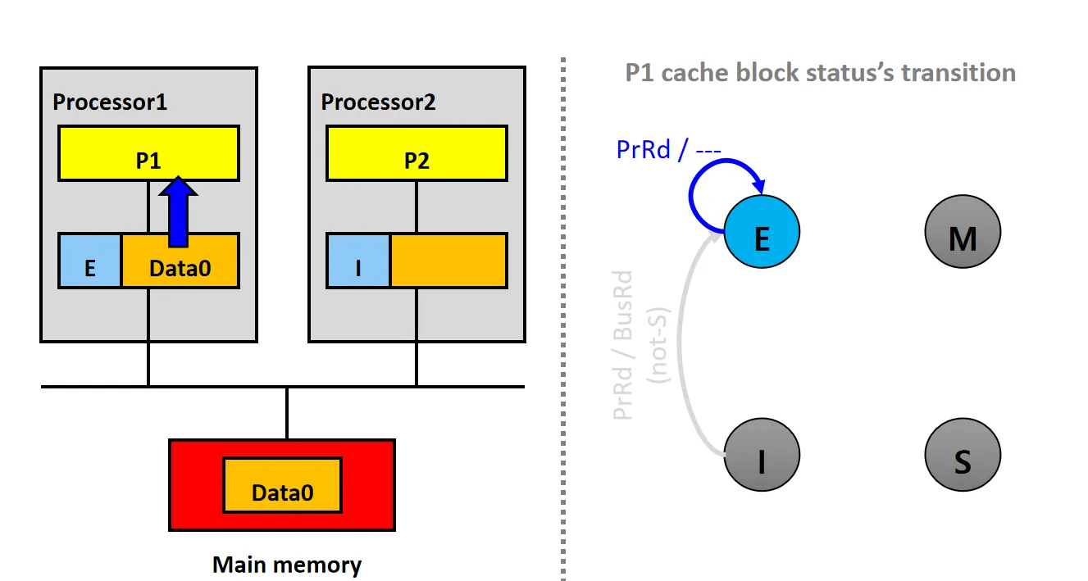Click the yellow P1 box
[148, 152]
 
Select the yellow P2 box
[417, 152]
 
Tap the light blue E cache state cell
[90, 261]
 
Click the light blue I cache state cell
[358, 261]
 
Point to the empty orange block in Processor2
[448, 261]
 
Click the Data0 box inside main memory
[282, 486]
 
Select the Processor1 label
[110, 102]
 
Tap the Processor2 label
[378, 102]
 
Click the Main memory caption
[287, 565]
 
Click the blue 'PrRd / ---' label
[668, 150]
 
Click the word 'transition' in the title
[958, 72]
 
